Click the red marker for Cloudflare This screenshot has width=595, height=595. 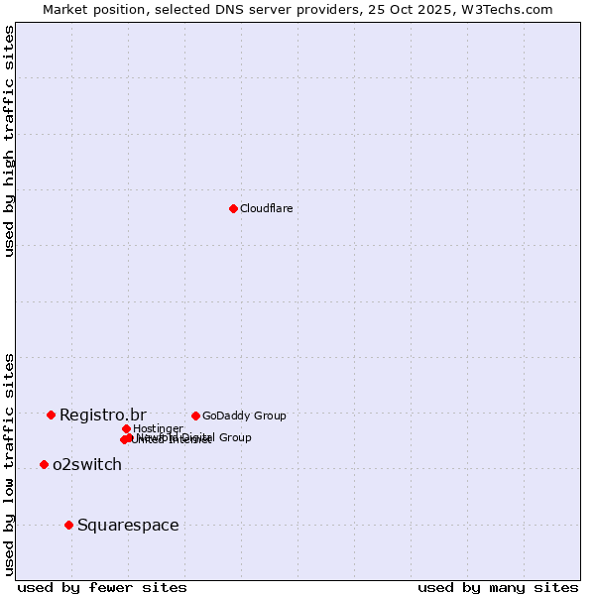coord(233,208)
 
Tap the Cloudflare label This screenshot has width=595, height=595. coord(266,208)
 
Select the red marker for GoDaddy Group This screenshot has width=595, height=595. coord(195,416)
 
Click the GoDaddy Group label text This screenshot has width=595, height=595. coord(244,416)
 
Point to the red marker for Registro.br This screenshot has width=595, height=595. coord(51,415)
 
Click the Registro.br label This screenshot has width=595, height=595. coord(102,415)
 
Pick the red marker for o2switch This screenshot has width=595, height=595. coord(44,464)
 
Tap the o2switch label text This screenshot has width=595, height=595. coord(86,465)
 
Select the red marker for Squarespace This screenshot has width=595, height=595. coord(68,525)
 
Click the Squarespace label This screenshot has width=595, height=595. coord(128,525)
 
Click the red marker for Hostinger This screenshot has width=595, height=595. coord(126,428)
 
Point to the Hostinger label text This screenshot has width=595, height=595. coord(158,428)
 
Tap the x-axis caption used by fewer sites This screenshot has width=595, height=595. coord(102,587)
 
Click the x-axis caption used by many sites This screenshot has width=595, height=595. coord(498,587)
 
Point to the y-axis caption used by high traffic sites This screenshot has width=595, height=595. coord(9,141)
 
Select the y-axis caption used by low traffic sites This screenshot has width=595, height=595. coord(9,464)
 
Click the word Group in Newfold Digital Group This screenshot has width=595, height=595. coord(234,437)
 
